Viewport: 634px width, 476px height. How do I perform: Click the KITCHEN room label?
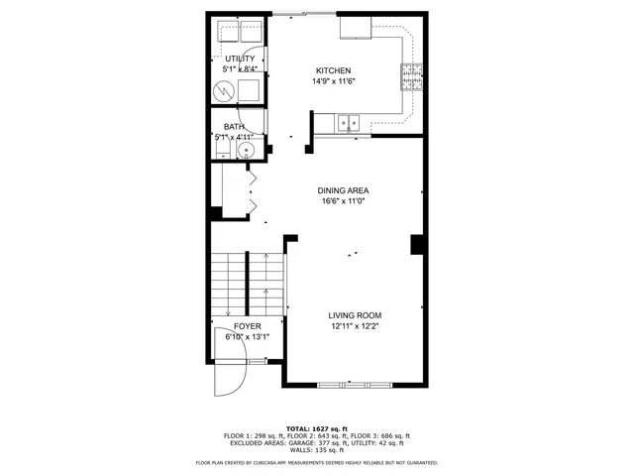point(333,70)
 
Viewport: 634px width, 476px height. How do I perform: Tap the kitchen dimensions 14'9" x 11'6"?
point(333,80)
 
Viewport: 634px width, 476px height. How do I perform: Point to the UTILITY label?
point(240,59)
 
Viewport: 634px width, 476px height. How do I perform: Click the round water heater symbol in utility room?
point(226,91)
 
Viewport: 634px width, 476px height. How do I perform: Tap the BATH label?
point(234,126)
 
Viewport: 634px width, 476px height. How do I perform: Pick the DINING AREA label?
point(343,190)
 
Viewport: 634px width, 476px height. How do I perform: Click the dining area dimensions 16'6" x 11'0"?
point(343,201)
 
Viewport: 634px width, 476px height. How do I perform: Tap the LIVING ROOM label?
point(355,314)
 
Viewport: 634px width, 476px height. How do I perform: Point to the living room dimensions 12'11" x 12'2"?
point(355,325)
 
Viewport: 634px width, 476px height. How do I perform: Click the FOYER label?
point(248,326)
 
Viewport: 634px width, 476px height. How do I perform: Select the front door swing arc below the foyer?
point(230,379)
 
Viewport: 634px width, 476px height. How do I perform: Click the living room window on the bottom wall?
point(355,384)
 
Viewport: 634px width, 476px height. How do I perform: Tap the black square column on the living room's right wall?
point(417,244)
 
